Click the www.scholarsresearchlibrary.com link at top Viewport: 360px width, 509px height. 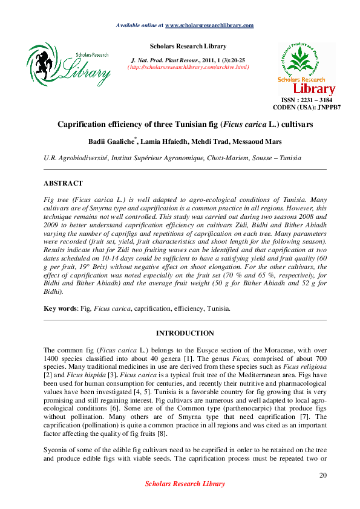click(209, 25)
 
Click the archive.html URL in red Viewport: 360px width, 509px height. click(188, 67)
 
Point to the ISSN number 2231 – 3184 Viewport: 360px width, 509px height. click(311, 100)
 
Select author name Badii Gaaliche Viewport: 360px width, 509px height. click(110, 142)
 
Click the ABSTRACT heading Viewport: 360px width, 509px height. click(63, 183)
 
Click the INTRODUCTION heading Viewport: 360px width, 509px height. click(185, 333)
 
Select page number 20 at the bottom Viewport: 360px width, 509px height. click(322, 476)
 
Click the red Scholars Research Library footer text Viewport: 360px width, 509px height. click(185, 484)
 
